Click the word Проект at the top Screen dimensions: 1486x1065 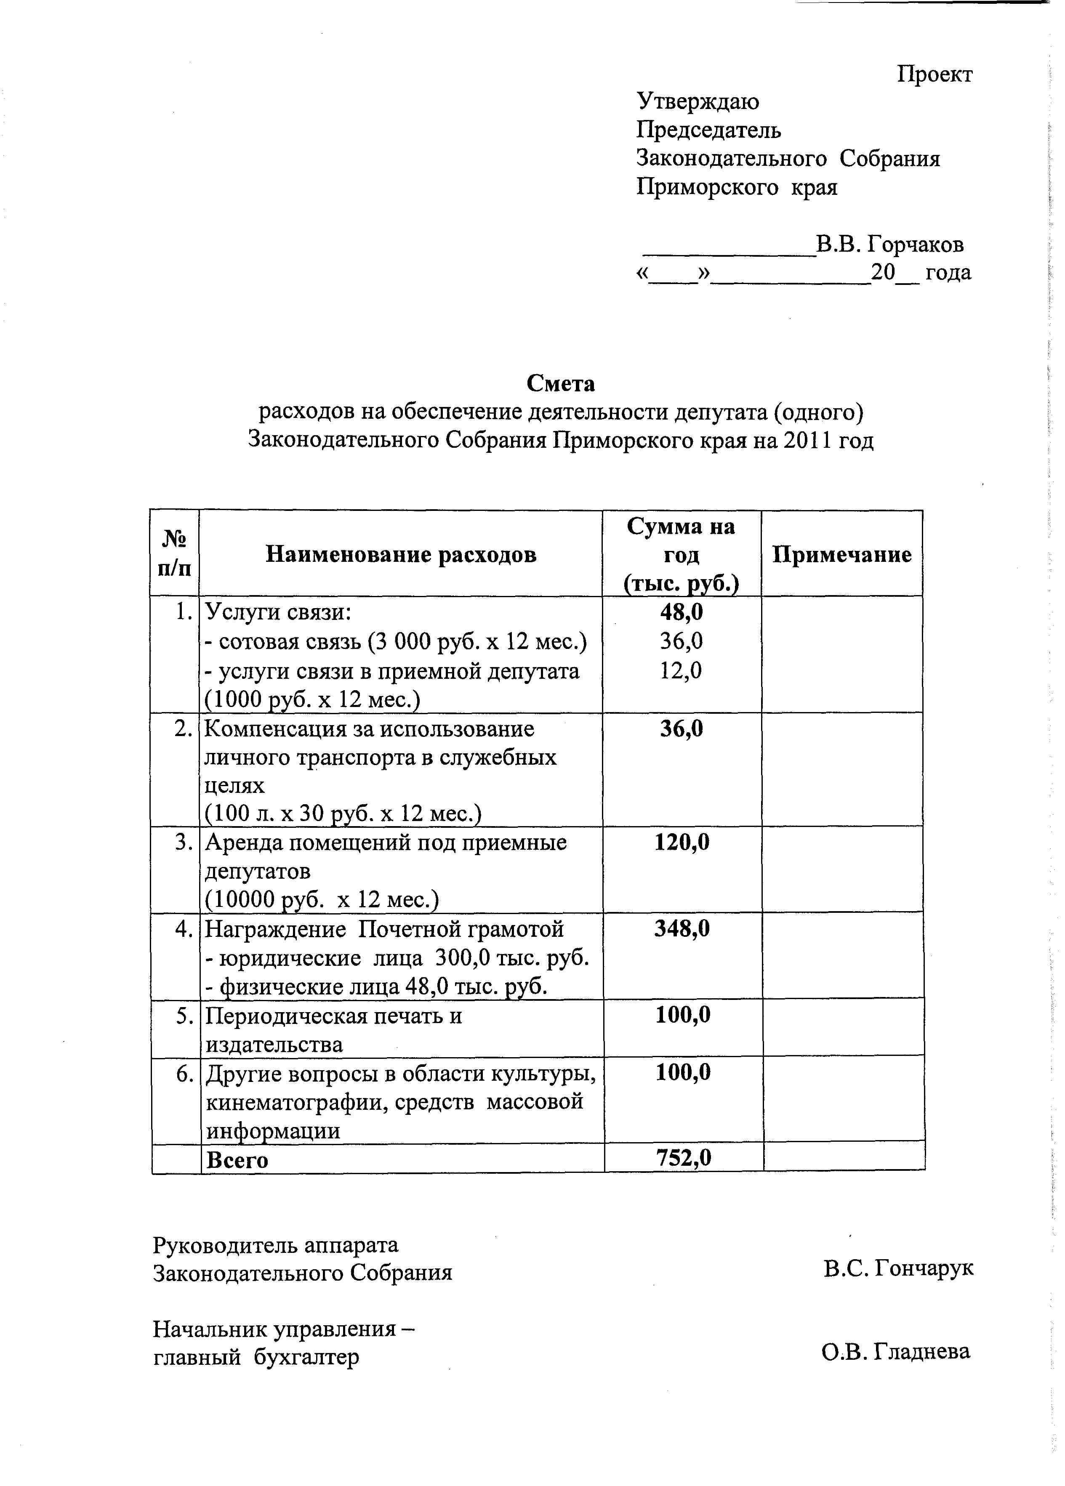[x=934, y=74]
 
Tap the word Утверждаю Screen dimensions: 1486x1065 [x=698, y=101]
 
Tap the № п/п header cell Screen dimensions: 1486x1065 [x=174, y=554]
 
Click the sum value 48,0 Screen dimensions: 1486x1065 [x=681, y=612]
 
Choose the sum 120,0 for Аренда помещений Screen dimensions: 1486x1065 [x=682, y=842]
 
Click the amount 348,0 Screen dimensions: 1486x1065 [x=682, y=928]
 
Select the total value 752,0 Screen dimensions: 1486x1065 [x=684, y=1158]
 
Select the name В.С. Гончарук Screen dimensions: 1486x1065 [x=899, y=1268]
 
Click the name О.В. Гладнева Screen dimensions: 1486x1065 [x=895, y=1351]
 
